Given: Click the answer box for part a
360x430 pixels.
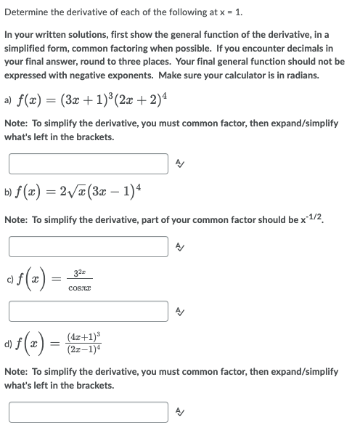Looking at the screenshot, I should tap(89, 163).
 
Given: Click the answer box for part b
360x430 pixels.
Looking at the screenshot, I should tap(89, 246).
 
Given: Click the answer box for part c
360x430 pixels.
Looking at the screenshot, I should tap(89, 312).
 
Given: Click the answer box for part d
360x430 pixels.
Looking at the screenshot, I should tap(89, 412).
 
